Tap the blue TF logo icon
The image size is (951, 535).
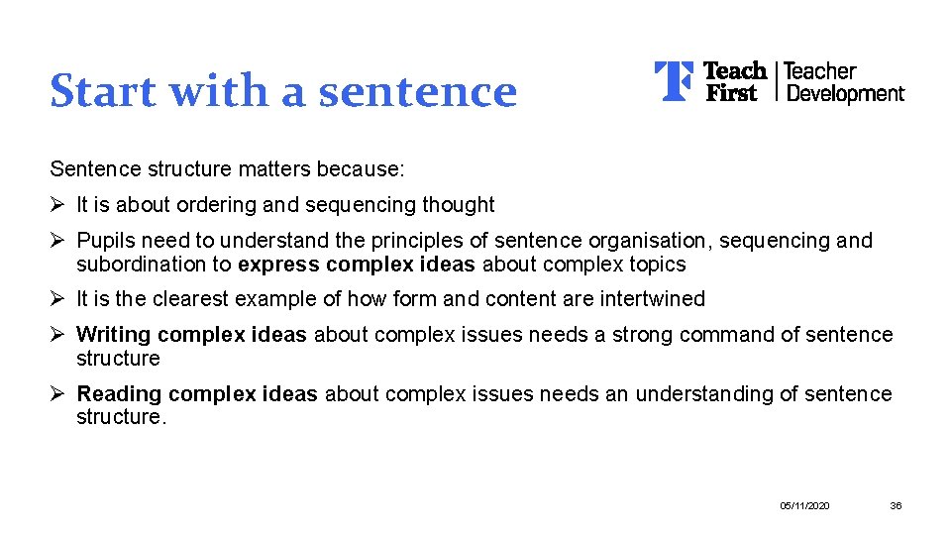[674, 81]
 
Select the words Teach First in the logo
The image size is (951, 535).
[733, 81]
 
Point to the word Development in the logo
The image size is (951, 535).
[844, 94]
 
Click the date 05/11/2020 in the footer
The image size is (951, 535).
[805, 506]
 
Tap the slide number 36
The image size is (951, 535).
[896, 506]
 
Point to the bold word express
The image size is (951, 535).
[278, 265]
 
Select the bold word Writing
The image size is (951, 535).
[113, 335]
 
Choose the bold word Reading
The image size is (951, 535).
[117, 394]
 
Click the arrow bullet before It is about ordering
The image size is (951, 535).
[58, 205]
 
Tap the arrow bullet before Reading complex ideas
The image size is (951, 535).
[58, 394]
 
